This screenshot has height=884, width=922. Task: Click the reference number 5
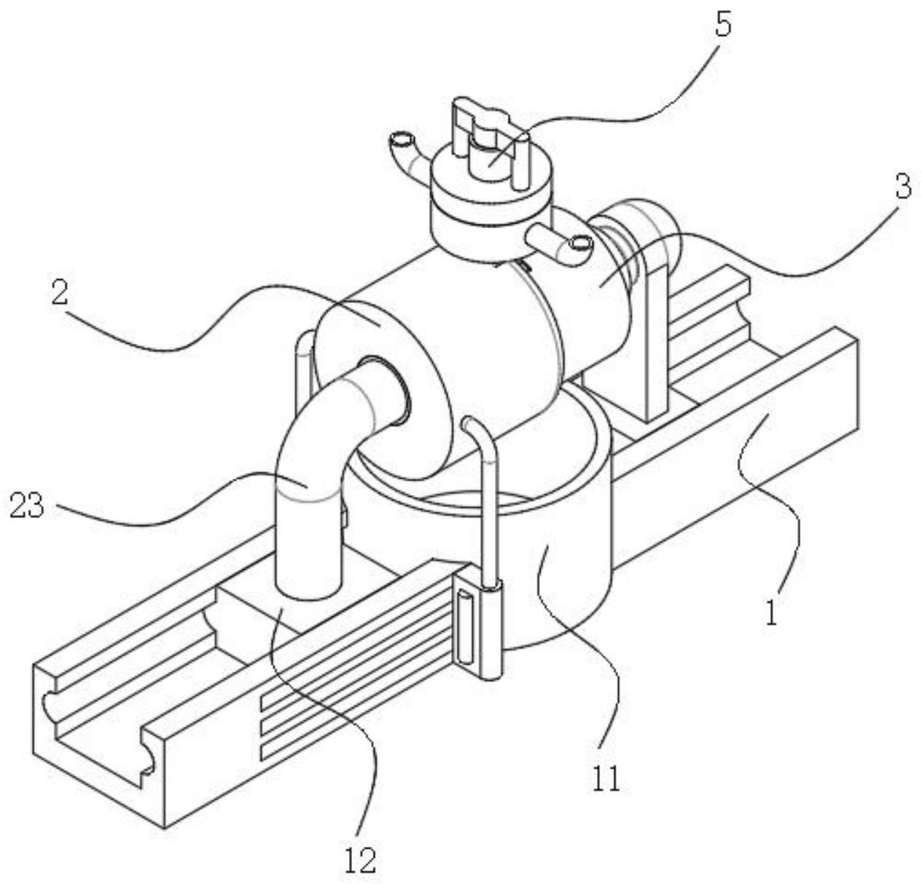tap(723, 26)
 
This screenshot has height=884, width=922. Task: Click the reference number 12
tap(360, 860)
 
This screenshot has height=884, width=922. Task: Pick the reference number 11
tap(606, 779)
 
